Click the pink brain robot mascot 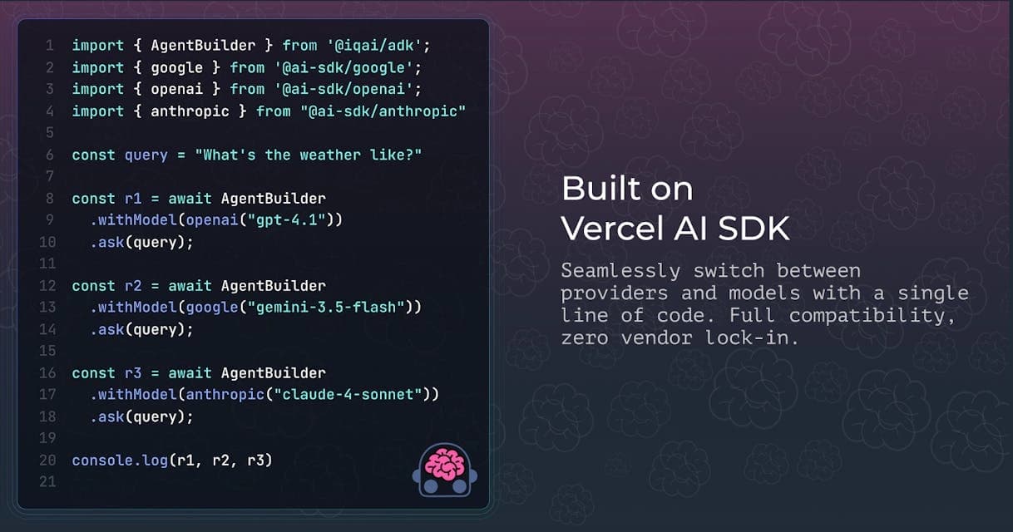coord(445,470)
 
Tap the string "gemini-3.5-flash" coord(330,308)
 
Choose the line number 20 coord(47,461)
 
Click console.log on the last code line coord(120,461)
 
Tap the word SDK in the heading coord(754,229)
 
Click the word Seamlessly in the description coord(620,271)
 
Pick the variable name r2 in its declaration coord(133,286)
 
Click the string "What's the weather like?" coord(309,155)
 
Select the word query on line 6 coord(146,156)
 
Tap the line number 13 coord(47,308)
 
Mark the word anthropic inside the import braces coord(190,111)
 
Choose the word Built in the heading coord(600,189)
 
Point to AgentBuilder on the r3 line coord(273,373)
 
